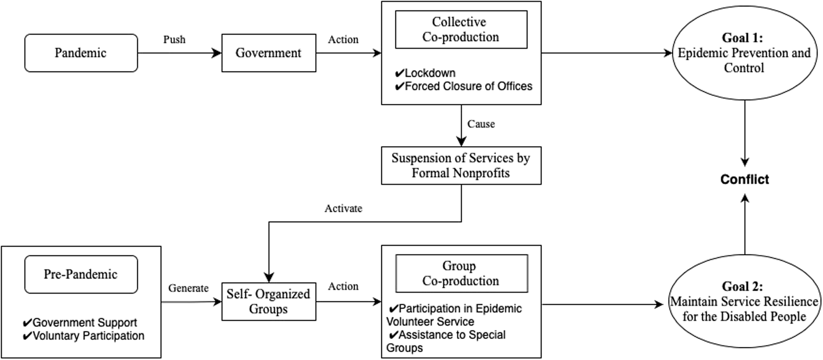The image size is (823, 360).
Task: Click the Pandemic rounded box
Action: [x=81, y=53]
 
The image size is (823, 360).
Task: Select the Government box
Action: [x=268, y=53]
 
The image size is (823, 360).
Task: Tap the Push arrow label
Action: [x=174, y=40]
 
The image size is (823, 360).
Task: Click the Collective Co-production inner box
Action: [x=461, y=30]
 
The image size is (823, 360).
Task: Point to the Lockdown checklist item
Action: [x=425, y=73]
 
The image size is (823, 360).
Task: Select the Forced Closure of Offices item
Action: [x=464, y=86]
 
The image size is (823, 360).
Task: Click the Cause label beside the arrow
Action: [x=481, y=124]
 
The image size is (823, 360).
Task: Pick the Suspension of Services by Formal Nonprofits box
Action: [x=461, y=166]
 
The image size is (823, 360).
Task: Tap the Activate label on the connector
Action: [x=343, y=208]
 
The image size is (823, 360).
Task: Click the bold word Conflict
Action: [x=744, y=179]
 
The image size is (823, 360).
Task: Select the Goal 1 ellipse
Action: [x=744, y=53]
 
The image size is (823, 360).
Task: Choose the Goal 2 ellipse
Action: [x=744, y=302]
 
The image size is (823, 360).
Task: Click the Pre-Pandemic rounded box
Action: [x=81, y=274]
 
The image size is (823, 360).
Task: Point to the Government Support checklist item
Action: [x=80, y=323]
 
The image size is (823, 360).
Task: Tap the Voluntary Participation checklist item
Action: [x=84, y=336]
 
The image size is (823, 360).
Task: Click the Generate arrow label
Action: [x=188, y=288]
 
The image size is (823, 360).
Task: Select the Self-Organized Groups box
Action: [x=268, y=302]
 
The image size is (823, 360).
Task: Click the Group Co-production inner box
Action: [x=461, y=274]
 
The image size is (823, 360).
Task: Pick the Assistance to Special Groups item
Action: [x=446, y=341]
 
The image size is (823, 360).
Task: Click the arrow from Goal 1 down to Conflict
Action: [x=744, y=132]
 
